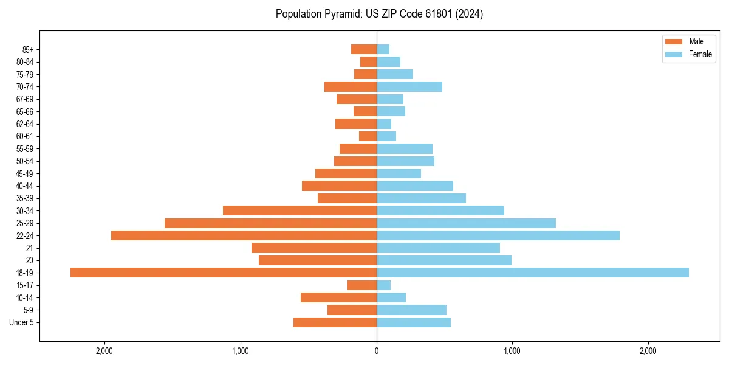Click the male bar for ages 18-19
click(x=223, y=273)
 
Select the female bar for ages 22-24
click(x=498, y=235)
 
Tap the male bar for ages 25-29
click(x=270, y=223)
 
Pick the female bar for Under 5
click(x=413, y=322)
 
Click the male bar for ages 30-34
click(x=299, y=210)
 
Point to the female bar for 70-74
click(x=409, y=86)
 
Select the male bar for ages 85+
click(x=363, y=49)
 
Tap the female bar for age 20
click(x=443, y=260)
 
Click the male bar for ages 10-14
click(x=338, y=297)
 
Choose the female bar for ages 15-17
click(x=383, y=285)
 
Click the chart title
click(x=379, y=14)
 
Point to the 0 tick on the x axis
click(x=377, y=350)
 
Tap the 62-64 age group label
click(x=25, y=124)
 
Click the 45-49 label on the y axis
click(x=25, y=173)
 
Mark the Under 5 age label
click(x=22, y=322)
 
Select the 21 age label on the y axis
click(x=30, y=248)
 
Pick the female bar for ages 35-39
click(x=421, y=198)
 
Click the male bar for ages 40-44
click(x=339, y=186)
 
